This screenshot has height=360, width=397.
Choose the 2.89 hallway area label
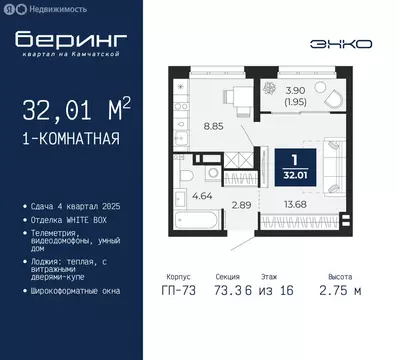243,205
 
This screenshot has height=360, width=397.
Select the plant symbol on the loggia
272,88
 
